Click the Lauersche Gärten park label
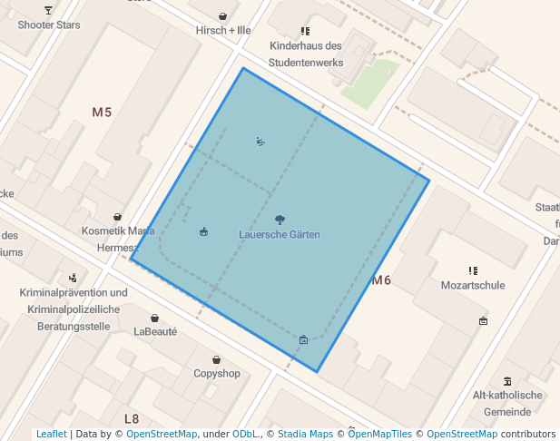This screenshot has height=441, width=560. coord(280,235)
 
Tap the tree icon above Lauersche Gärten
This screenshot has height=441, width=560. coord(280,220)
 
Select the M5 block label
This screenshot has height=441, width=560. coord(102,113)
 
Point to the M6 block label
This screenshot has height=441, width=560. coord(381,280)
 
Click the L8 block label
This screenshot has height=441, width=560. coord(132,418)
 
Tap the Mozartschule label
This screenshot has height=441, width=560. coord(473,285)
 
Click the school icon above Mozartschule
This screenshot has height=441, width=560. coord(473,270)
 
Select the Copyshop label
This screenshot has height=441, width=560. coord(217,374)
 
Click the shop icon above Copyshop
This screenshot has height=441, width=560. coord(217,359)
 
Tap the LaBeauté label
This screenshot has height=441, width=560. coord(155,332)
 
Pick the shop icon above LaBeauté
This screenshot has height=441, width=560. coord(155,318)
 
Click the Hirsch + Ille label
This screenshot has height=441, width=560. coord(223,30)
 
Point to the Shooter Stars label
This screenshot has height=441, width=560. coord(49,24)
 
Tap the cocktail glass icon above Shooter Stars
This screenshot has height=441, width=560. coord(48,10)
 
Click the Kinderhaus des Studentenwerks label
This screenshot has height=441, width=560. coord(306,54)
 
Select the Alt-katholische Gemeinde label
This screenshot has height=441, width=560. coord(507,403)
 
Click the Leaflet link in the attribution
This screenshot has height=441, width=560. coord(52,435)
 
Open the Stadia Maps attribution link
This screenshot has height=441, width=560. coord(306,435)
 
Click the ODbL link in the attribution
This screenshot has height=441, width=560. coord(246,435)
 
